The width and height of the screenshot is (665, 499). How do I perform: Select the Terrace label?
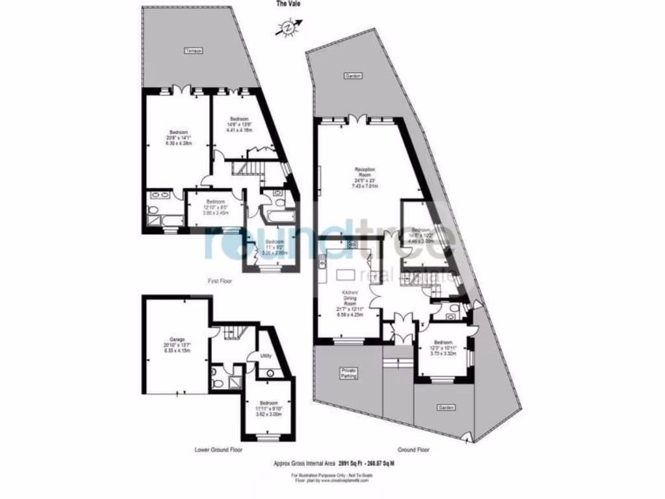coord(193,51)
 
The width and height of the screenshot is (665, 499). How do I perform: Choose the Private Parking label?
coord(349,373)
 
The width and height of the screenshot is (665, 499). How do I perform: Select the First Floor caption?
coord(219,282)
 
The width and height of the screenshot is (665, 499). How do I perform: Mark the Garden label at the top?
coord(353,76)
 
